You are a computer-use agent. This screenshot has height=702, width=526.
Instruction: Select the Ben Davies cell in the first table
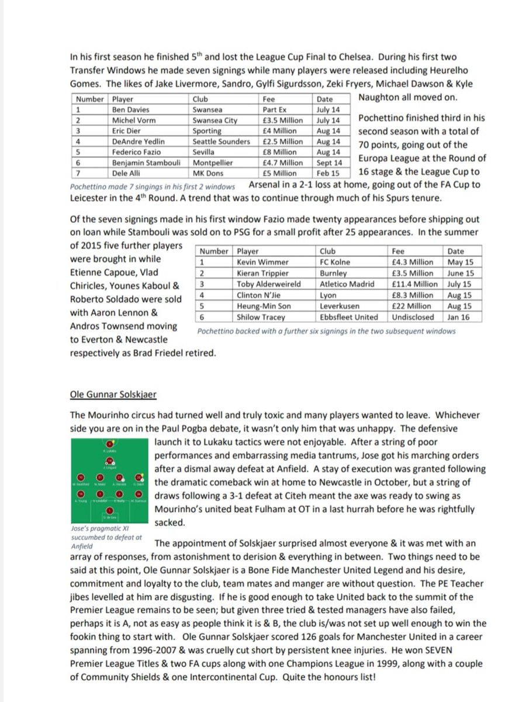130,109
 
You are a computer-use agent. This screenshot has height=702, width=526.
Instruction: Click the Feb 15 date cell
328,174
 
